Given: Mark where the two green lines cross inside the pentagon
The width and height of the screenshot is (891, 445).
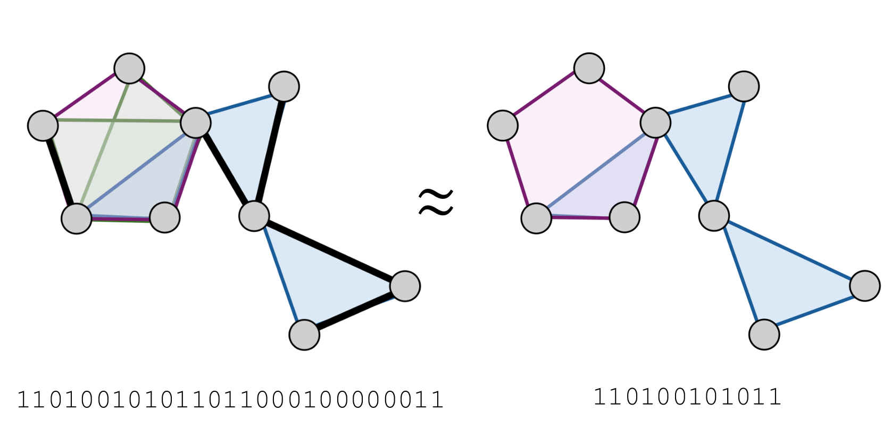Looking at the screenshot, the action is click(114, 120).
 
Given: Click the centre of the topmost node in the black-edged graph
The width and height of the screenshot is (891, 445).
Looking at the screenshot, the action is click(129, 69).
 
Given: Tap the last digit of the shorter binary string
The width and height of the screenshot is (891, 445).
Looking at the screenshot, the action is click(775, 397).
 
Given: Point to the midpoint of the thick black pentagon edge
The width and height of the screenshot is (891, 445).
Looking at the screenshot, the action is click(60, 172).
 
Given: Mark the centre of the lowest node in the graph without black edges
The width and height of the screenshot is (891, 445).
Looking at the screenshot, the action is click(764, 334).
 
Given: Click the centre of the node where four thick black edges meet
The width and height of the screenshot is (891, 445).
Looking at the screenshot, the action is click(254, 216).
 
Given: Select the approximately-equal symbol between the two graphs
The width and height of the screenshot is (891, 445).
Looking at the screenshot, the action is click(436, 203).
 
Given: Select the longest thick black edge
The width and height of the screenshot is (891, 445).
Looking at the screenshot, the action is click(329, 251).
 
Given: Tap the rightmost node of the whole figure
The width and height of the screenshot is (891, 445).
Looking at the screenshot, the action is click(865, 286).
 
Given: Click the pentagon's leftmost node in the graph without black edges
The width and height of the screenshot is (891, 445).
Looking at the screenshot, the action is click(503, 125).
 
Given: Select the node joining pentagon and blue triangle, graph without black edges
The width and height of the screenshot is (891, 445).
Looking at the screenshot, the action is click(655, 123).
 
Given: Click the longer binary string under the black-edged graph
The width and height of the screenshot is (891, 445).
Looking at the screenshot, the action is click(230, 400).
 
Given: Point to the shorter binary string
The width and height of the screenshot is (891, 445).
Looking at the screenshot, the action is click(687, 397).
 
